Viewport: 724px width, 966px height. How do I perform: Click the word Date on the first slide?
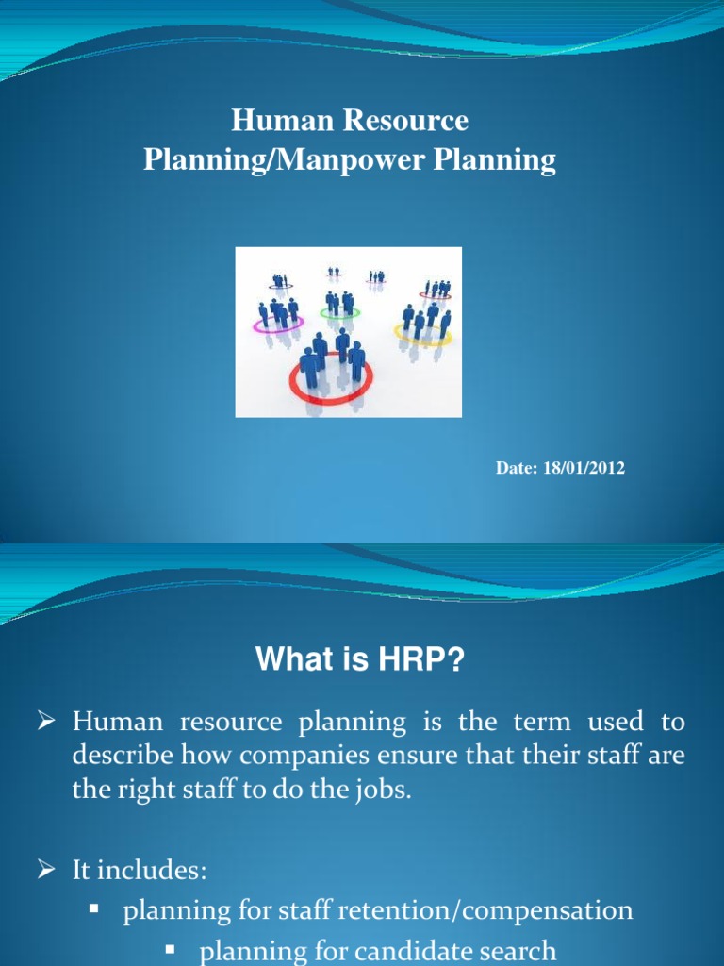coord(515,468)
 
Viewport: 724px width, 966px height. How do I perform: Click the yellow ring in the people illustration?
coord(422,332)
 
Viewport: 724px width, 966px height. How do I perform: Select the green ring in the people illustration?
coord(338,312)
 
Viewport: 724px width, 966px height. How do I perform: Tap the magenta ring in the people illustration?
coord(277,325)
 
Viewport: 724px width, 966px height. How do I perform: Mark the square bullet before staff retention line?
coord(94,908)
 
